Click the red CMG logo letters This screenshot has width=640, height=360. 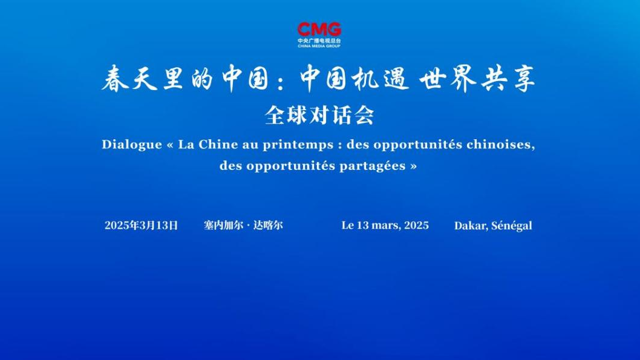(x=319, y=30)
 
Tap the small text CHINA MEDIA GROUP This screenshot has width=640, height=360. (x=319, y=46)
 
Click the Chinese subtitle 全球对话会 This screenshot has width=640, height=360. (x=319, y=116)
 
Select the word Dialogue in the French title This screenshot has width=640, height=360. (x=132, y=145)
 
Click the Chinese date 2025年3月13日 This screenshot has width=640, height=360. (x=141, y=225)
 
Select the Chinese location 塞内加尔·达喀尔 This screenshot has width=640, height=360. (x=243, y=225)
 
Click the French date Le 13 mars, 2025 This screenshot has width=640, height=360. (x=385, y=225)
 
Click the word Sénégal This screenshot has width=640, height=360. (x=512, y=226)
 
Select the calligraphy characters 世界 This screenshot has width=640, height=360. (x=448, y=77)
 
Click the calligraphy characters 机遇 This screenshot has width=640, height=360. (x=380, y=77)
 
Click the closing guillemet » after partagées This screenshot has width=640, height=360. (x=414, y=166)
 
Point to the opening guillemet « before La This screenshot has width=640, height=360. (x=170, y=145)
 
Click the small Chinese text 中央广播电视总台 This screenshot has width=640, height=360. (x=319, y=41)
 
